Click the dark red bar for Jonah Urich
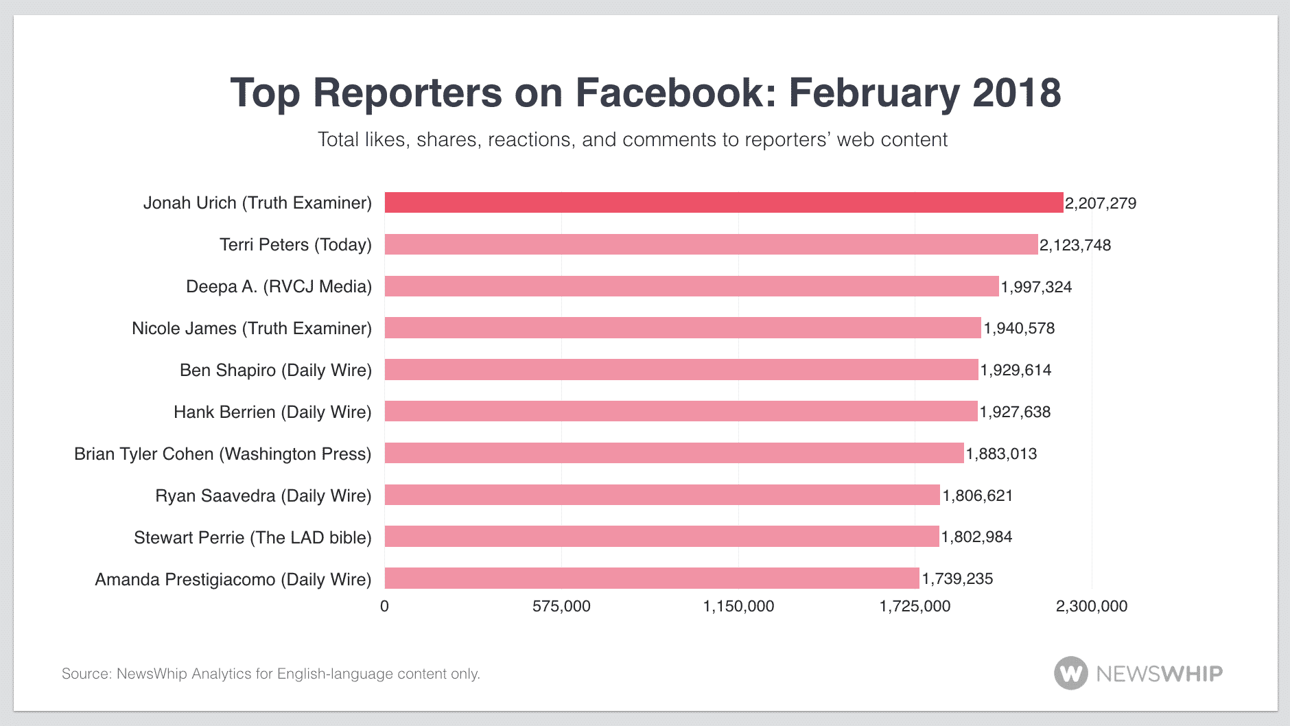tap(723, 202)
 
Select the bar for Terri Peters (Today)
tap(711, 244)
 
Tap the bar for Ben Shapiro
tap(681, 370)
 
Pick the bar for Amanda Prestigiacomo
tap(651, 578)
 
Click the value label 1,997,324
tap(1036, 287)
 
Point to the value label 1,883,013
tap(1001, 454)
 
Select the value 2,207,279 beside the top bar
tap(1101, 203)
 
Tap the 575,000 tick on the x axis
tap(561, 606)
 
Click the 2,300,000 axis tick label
tap(1091, 606)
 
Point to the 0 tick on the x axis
tap(384, 606)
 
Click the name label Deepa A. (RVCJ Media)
tap(279, 286)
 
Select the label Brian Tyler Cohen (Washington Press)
tap(222, 454)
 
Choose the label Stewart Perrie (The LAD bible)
tap(253, 537)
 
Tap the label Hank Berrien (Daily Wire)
tap(272, 412)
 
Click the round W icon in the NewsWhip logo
tap(1070, 673)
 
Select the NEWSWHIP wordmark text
tap(1159, 674)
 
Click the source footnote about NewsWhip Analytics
tap(270, 674)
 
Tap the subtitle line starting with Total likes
tap(632, 139)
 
